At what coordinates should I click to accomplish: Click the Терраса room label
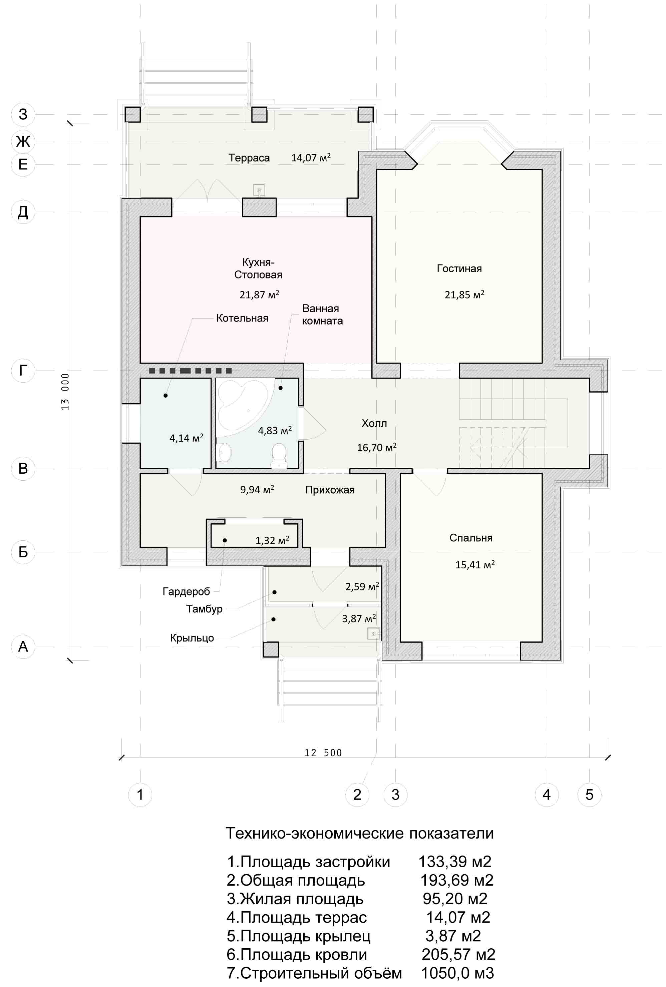coord(249,158)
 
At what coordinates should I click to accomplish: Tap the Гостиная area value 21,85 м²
coord(464,294)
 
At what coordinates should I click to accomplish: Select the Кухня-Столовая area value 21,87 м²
coord(259,294)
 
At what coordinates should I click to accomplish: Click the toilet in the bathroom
coord(279,455)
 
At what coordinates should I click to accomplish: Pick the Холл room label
coord(374,423)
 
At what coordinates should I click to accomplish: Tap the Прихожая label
coord(330,490)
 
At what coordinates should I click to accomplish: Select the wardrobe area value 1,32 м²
coord(272,540)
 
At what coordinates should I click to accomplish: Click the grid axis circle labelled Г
coord(23,371)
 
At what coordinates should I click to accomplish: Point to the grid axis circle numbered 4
coord(547,795)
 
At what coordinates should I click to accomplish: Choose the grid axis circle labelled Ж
coord(23,141)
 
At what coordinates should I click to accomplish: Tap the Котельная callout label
coord(242,319)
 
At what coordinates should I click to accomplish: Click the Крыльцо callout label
coord(192,638)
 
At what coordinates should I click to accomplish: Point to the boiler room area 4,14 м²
coord(187,438)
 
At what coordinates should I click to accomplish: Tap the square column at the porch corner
coord(271,649)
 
